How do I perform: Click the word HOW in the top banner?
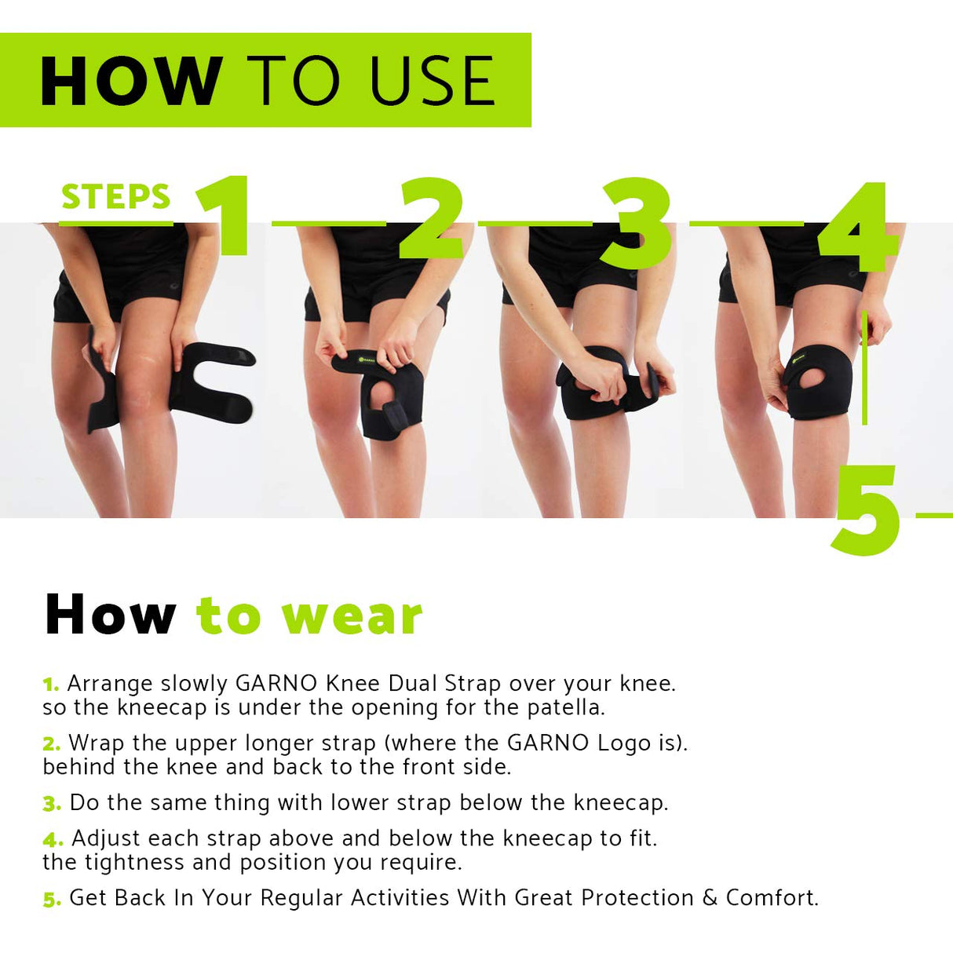130,81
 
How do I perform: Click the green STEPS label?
116,196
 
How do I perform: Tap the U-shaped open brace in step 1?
212,384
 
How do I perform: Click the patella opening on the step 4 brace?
821,380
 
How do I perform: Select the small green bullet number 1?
51,685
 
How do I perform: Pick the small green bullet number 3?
52,804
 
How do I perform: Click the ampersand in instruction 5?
710,897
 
